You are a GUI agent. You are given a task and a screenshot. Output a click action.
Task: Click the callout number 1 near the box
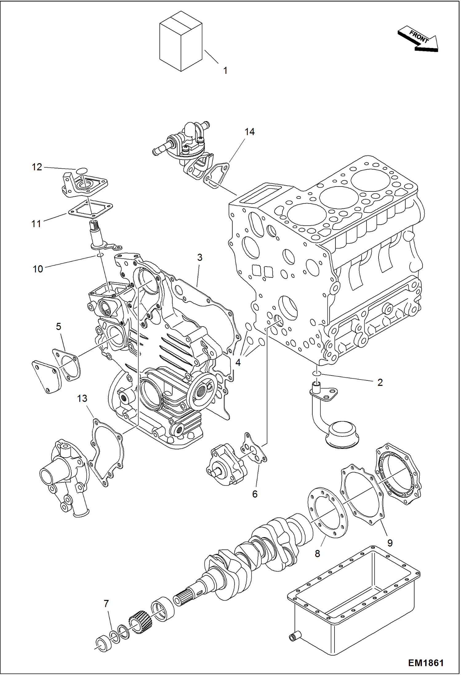[x=225, y=70]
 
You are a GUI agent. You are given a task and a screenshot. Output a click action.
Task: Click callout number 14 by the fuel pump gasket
[x=249, y=132]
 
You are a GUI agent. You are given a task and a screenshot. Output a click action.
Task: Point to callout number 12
[x=37, y=167]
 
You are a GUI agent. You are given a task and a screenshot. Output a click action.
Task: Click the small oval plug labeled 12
[x=80, y=170]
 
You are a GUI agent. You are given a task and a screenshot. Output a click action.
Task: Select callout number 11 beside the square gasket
[x=36, y=224]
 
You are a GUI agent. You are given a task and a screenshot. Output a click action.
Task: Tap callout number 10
[x=38, y=269]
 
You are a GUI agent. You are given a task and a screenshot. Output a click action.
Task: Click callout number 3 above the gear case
[x=200, y=258]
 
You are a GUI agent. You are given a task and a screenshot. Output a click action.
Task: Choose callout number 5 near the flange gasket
[x=58, y=326]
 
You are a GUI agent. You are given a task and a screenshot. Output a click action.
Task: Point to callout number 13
[x=82, y=399]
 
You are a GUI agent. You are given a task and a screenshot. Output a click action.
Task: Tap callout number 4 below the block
[x=238, y=363]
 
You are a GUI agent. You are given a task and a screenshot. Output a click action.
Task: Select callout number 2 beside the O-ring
[x=380, y=383]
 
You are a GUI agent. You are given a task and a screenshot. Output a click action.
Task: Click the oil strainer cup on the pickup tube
[x=342, y=434]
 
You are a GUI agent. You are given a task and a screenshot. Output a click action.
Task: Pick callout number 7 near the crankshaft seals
[x=106, y=604]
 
